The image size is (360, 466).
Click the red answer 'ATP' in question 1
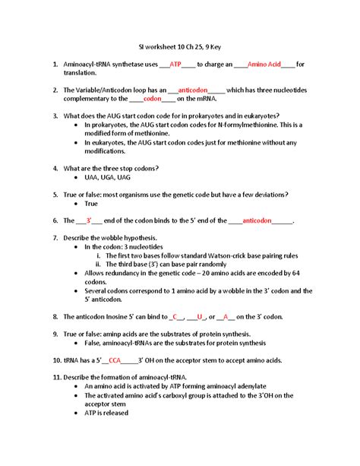(175, 65)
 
